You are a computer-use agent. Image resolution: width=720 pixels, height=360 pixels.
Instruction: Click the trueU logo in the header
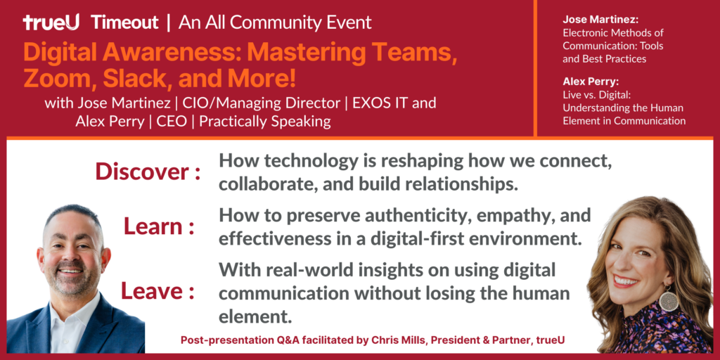tap(51, 22)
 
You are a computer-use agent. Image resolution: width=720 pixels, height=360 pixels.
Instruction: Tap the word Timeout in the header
tap(125, 22)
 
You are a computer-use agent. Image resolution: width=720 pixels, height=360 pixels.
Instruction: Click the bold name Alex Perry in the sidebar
tap(591, 82)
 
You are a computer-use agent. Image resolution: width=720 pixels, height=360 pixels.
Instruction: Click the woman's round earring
tap(668, 301)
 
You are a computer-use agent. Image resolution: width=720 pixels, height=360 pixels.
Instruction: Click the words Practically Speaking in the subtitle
tap(265, 122)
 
